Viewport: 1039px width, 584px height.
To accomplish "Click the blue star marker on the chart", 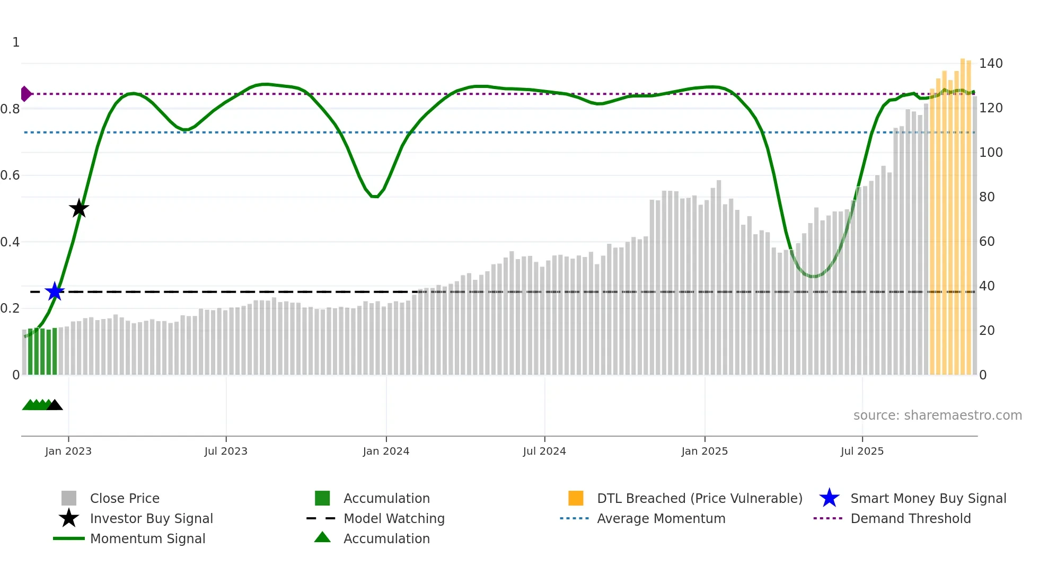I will (55, 291).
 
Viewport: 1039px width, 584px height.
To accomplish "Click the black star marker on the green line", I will (79, 208).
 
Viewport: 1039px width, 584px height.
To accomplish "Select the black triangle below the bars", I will (55, 405).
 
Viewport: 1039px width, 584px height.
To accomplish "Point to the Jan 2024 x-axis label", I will (386, 451).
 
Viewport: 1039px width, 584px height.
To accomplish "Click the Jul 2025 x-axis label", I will (862, 451).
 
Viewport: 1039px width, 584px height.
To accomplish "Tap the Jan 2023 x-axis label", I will (68, 451).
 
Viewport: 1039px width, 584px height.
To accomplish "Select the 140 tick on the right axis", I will (990, 64).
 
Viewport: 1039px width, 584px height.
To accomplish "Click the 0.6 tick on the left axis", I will (11, 175).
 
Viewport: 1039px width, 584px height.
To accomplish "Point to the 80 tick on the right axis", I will (987, 197).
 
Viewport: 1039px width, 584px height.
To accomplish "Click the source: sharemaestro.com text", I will (937, 415).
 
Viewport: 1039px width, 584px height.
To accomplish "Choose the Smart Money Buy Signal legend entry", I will (928, 498).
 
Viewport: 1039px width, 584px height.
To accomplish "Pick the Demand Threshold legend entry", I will (910, 518).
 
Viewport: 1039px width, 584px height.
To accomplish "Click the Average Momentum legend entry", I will (661, 518).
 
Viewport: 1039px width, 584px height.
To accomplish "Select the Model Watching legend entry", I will (393, 518).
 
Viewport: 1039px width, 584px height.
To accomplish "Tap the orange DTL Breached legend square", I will (576, 498).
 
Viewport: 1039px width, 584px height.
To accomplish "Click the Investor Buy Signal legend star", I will (69, 518).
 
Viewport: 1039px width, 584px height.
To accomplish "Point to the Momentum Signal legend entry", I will (147, 538).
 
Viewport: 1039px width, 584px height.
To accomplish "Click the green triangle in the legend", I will (322, 537).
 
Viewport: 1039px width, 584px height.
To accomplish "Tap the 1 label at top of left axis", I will (16, 42).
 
